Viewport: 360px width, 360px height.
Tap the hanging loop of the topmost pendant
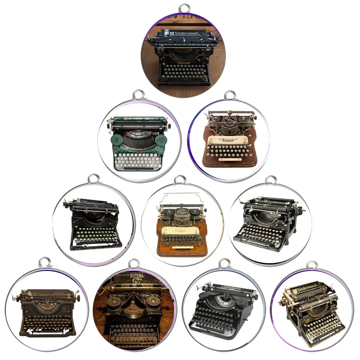(x=184, y=8)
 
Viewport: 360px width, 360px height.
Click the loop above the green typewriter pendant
(x=139, y=95)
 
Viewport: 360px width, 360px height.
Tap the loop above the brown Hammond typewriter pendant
(x=230, y=95)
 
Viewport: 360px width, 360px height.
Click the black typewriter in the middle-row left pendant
(x=93, y=224)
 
